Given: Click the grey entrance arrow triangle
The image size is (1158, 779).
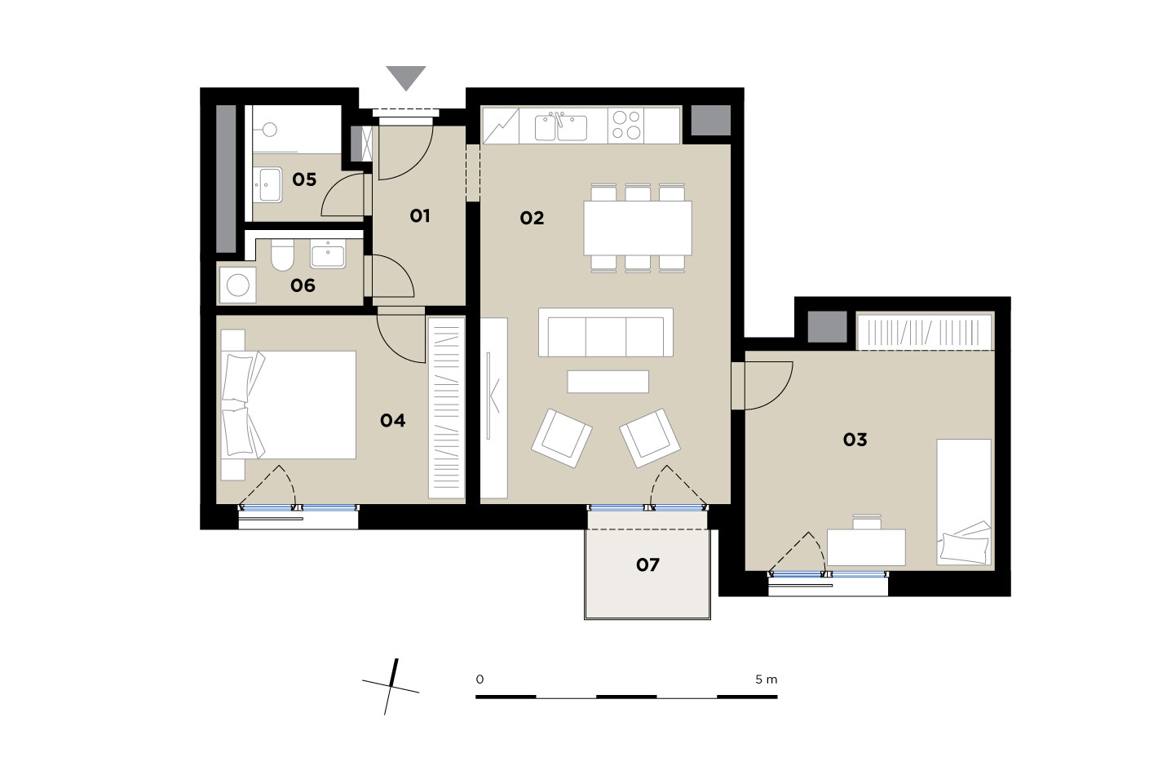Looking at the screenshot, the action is pos(406,77).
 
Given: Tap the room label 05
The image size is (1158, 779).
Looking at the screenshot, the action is pos(304,179).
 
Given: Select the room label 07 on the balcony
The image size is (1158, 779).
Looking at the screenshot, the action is pos(648,564).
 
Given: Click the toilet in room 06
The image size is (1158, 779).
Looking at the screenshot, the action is pos(281,255).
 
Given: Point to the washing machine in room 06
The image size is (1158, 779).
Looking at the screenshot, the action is pos(238,285).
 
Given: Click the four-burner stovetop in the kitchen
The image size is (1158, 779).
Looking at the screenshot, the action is pos(626,125).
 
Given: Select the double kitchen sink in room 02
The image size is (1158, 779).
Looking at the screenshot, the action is pos(561,127).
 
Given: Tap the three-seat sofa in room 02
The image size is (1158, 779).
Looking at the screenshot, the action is pos(605,333).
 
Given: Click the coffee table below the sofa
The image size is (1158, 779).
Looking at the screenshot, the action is pos(608,382).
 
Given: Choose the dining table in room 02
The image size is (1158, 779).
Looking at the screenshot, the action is pos(638,228).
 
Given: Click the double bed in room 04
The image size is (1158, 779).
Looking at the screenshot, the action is pos(289,405).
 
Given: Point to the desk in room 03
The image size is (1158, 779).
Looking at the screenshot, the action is pos(866,547).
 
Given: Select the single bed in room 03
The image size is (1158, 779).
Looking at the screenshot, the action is pos(964,502).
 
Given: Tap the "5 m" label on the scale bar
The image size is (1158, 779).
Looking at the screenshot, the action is pos(766,679).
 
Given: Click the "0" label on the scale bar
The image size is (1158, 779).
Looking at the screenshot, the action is pos(480,679).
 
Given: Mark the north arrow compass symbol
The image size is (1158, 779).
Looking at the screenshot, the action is pos(391,687).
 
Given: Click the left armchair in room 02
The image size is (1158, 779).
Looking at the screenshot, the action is pos(561,438).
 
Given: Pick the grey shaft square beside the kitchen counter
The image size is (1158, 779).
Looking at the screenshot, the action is pos(711,121).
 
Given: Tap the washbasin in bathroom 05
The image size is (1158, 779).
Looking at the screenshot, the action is pos(269,184).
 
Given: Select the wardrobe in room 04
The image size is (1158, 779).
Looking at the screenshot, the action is pos(447,408).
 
